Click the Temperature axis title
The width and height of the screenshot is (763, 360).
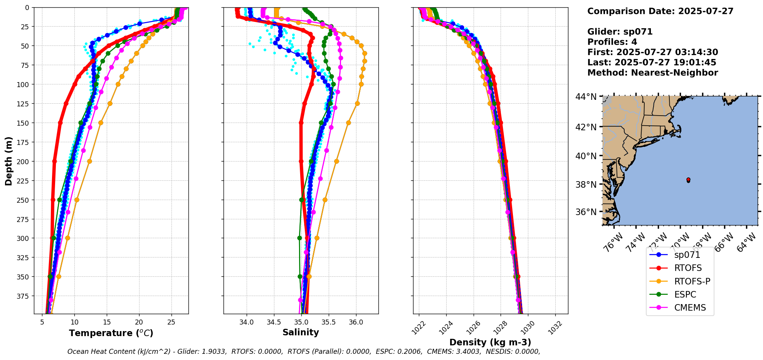(x=111, y=333)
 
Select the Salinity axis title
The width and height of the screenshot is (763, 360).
(x=301, y=332)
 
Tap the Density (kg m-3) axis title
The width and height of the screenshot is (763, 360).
(x=490, y=342)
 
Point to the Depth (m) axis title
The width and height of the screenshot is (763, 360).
(x=8, y=161)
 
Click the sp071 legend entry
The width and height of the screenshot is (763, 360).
(x=687, y=255)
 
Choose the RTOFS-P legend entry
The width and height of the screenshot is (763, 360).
(x=692, y=281)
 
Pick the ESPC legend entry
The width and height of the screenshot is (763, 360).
(x=685, y=294)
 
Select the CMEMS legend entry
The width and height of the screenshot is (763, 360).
(x=690, y=308)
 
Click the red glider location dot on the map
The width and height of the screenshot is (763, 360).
(x=688, y=180)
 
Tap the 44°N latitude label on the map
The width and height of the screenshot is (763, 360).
(x=586, y=97)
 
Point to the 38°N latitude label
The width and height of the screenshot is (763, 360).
(x=586, y=185)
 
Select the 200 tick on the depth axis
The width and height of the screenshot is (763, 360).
(x=23, y=161)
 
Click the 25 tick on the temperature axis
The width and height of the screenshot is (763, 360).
(x=171, y=321)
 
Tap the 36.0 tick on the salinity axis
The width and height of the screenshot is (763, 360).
(x=356, y=321)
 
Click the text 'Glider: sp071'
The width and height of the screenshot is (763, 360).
(x=620, y=32)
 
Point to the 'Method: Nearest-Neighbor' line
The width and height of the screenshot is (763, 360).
(x=652, y=73)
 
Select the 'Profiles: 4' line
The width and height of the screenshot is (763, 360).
(x=612, y=42)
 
